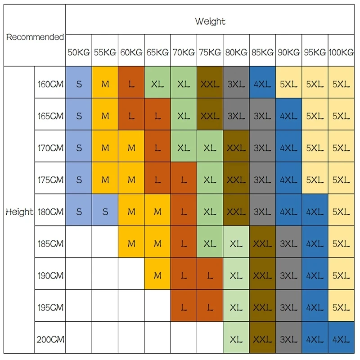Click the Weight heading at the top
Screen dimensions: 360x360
(x=210, y=21)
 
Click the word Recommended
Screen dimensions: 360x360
(x=35, y=37)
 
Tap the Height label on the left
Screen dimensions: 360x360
(x=19, y=211)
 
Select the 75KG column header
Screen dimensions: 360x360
(x=210, y=52)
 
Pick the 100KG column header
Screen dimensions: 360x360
(x=341, y=52)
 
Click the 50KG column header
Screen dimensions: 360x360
(x=79, y=52)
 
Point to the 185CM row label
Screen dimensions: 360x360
(x=50, y=243)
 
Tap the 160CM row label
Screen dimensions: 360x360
(x=50, y=84)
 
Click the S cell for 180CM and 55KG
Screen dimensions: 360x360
(x=105, y=211)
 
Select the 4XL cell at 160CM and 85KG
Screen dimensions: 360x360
(x=262, y=84)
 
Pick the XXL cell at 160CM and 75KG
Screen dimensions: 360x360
(x=210, y=84)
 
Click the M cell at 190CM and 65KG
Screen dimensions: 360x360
(x=157, y=275)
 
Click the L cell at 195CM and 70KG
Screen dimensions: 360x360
(x=184, y=307)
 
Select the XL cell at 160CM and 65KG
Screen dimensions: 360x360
(x=157, y=84)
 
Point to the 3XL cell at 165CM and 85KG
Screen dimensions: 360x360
(x=262, y=116)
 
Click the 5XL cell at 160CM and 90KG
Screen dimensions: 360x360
(x=288, y=84)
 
